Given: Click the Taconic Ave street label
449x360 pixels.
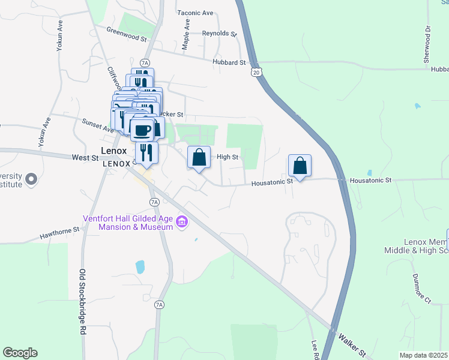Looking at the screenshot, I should (x=196, y=12).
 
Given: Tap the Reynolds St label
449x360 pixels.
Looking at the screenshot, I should (x=217, y=34).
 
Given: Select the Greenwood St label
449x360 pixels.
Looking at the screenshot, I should (x=127, y=34).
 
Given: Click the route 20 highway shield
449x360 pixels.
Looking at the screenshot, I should (x=256, y=72).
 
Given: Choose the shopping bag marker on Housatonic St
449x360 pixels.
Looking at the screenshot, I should (x=300, y=166).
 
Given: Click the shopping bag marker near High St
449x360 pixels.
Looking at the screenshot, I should (x=199, y=158).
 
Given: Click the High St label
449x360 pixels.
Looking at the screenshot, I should (x=228, y=157).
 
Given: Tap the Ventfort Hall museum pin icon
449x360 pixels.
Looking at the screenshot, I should (x=182, y=223).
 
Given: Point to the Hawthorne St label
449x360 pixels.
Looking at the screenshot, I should (x=59, y=232).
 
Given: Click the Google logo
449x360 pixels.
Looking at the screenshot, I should (x=20, y=353).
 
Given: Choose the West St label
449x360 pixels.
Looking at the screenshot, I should (x=85, y=158).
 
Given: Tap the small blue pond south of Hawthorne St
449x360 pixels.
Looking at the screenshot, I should (x=140, y=266).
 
